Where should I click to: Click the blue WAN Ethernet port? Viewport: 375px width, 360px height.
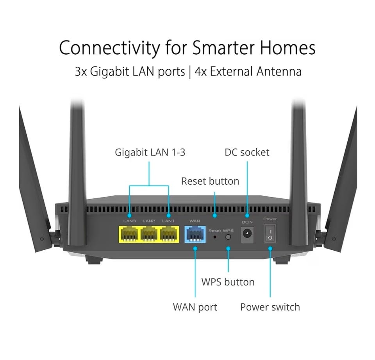point(195,234)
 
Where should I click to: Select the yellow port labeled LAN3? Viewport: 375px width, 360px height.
point(130,234)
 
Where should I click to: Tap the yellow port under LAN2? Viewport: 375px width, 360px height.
point(149,234)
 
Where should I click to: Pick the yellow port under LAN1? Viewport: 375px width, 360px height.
point(168,234)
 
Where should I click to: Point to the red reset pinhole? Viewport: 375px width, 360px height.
point(214,237)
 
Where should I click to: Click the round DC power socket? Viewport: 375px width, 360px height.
point(247,234)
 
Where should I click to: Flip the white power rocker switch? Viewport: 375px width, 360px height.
point(270,233)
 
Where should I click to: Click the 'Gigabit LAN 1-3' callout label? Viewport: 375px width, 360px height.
point(150,152)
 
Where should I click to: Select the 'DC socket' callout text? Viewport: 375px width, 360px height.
point(247,152)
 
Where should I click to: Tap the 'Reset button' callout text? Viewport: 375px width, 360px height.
point(210,181)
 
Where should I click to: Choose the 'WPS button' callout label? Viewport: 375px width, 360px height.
point(228,282)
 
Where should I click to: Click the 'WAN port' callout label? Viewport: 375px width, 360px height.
point(195,307)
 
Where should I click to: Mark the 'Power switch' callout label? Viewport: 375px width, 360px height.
point(270,307)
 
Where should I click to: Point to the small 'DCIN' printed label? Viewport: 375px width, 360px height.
point(247,222)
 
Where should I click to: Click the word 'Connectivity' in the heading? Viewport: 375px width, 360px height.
point(110,48)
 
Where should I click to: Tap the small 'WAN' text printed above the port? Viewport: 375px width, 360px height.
point(195,221)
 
